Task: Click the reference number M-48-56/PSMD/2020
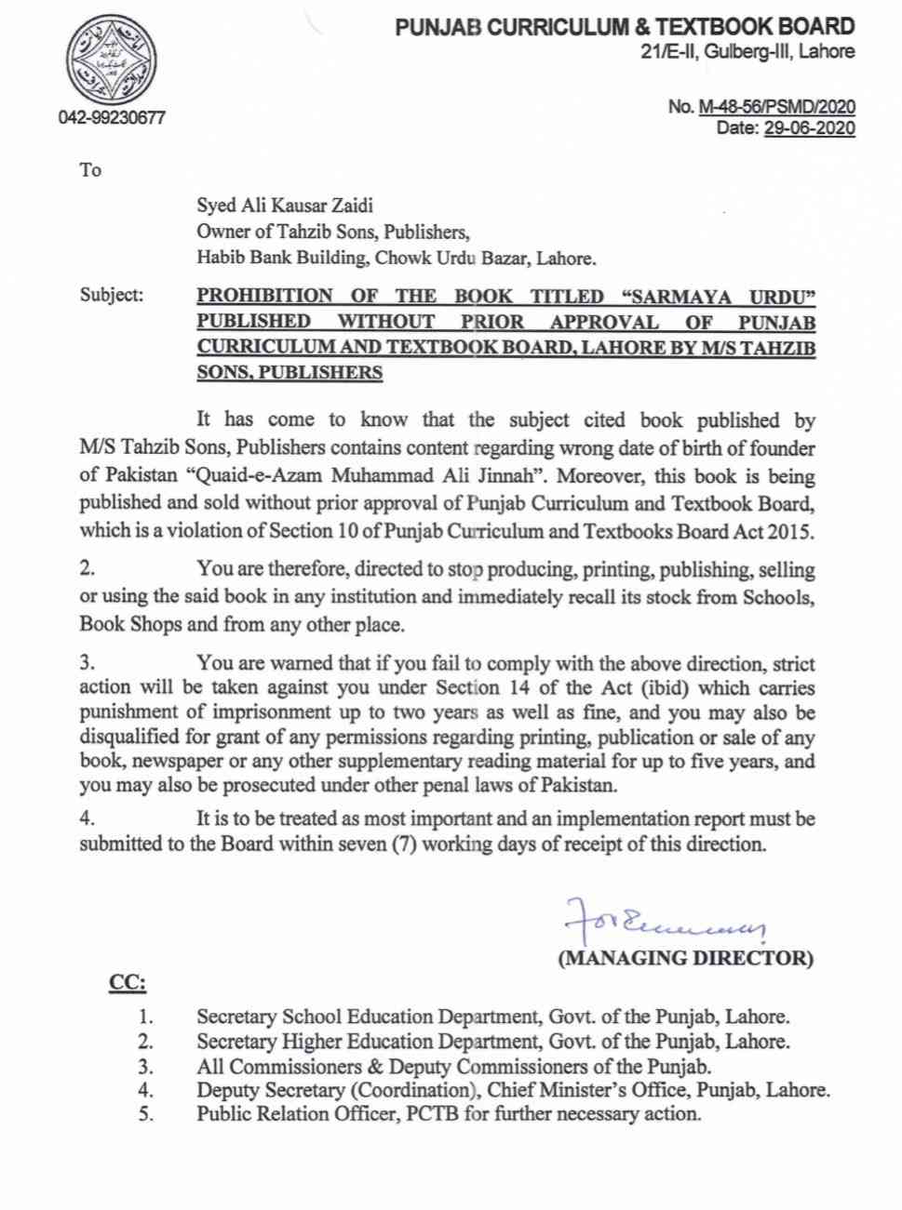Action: click(776, 107)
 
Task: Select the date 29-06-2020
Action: click(809, 128)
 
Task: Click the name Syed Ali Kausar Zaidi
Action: click(284, 206)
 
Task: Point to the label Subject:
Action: click(112, 296)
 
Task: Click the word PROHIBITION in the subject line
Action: click(264, 296)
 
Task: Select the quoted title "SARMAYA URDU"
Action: click(718, 296)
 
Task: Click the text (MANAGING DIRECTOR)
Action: click(685, 958)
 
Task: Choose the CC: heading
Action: click(128, 983)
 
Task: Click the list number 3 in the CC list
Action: click(145, 1067)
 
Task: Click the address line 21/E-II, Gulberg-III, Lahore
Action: click(747, 52)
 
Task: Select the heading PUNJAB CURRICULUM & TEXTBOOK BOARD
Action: click(625, 28)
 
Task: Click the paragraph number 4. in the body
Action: click(88, 819)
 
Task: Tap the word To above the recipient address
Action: click(90, 170)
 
